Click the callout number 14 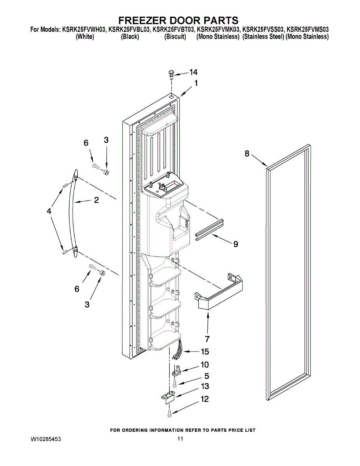193,72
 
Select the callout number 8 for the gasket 247,153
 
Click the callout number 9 235,244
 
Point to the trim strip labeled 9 210,230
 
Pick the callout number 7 207,338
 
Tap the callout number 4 49,211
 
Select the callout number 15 205,352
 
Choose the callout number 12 205,399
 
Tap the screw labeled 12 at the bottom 169,414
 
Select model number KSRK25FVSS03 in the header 263,30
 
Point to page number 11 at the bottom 180,439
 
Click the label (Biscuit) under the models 175,37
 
